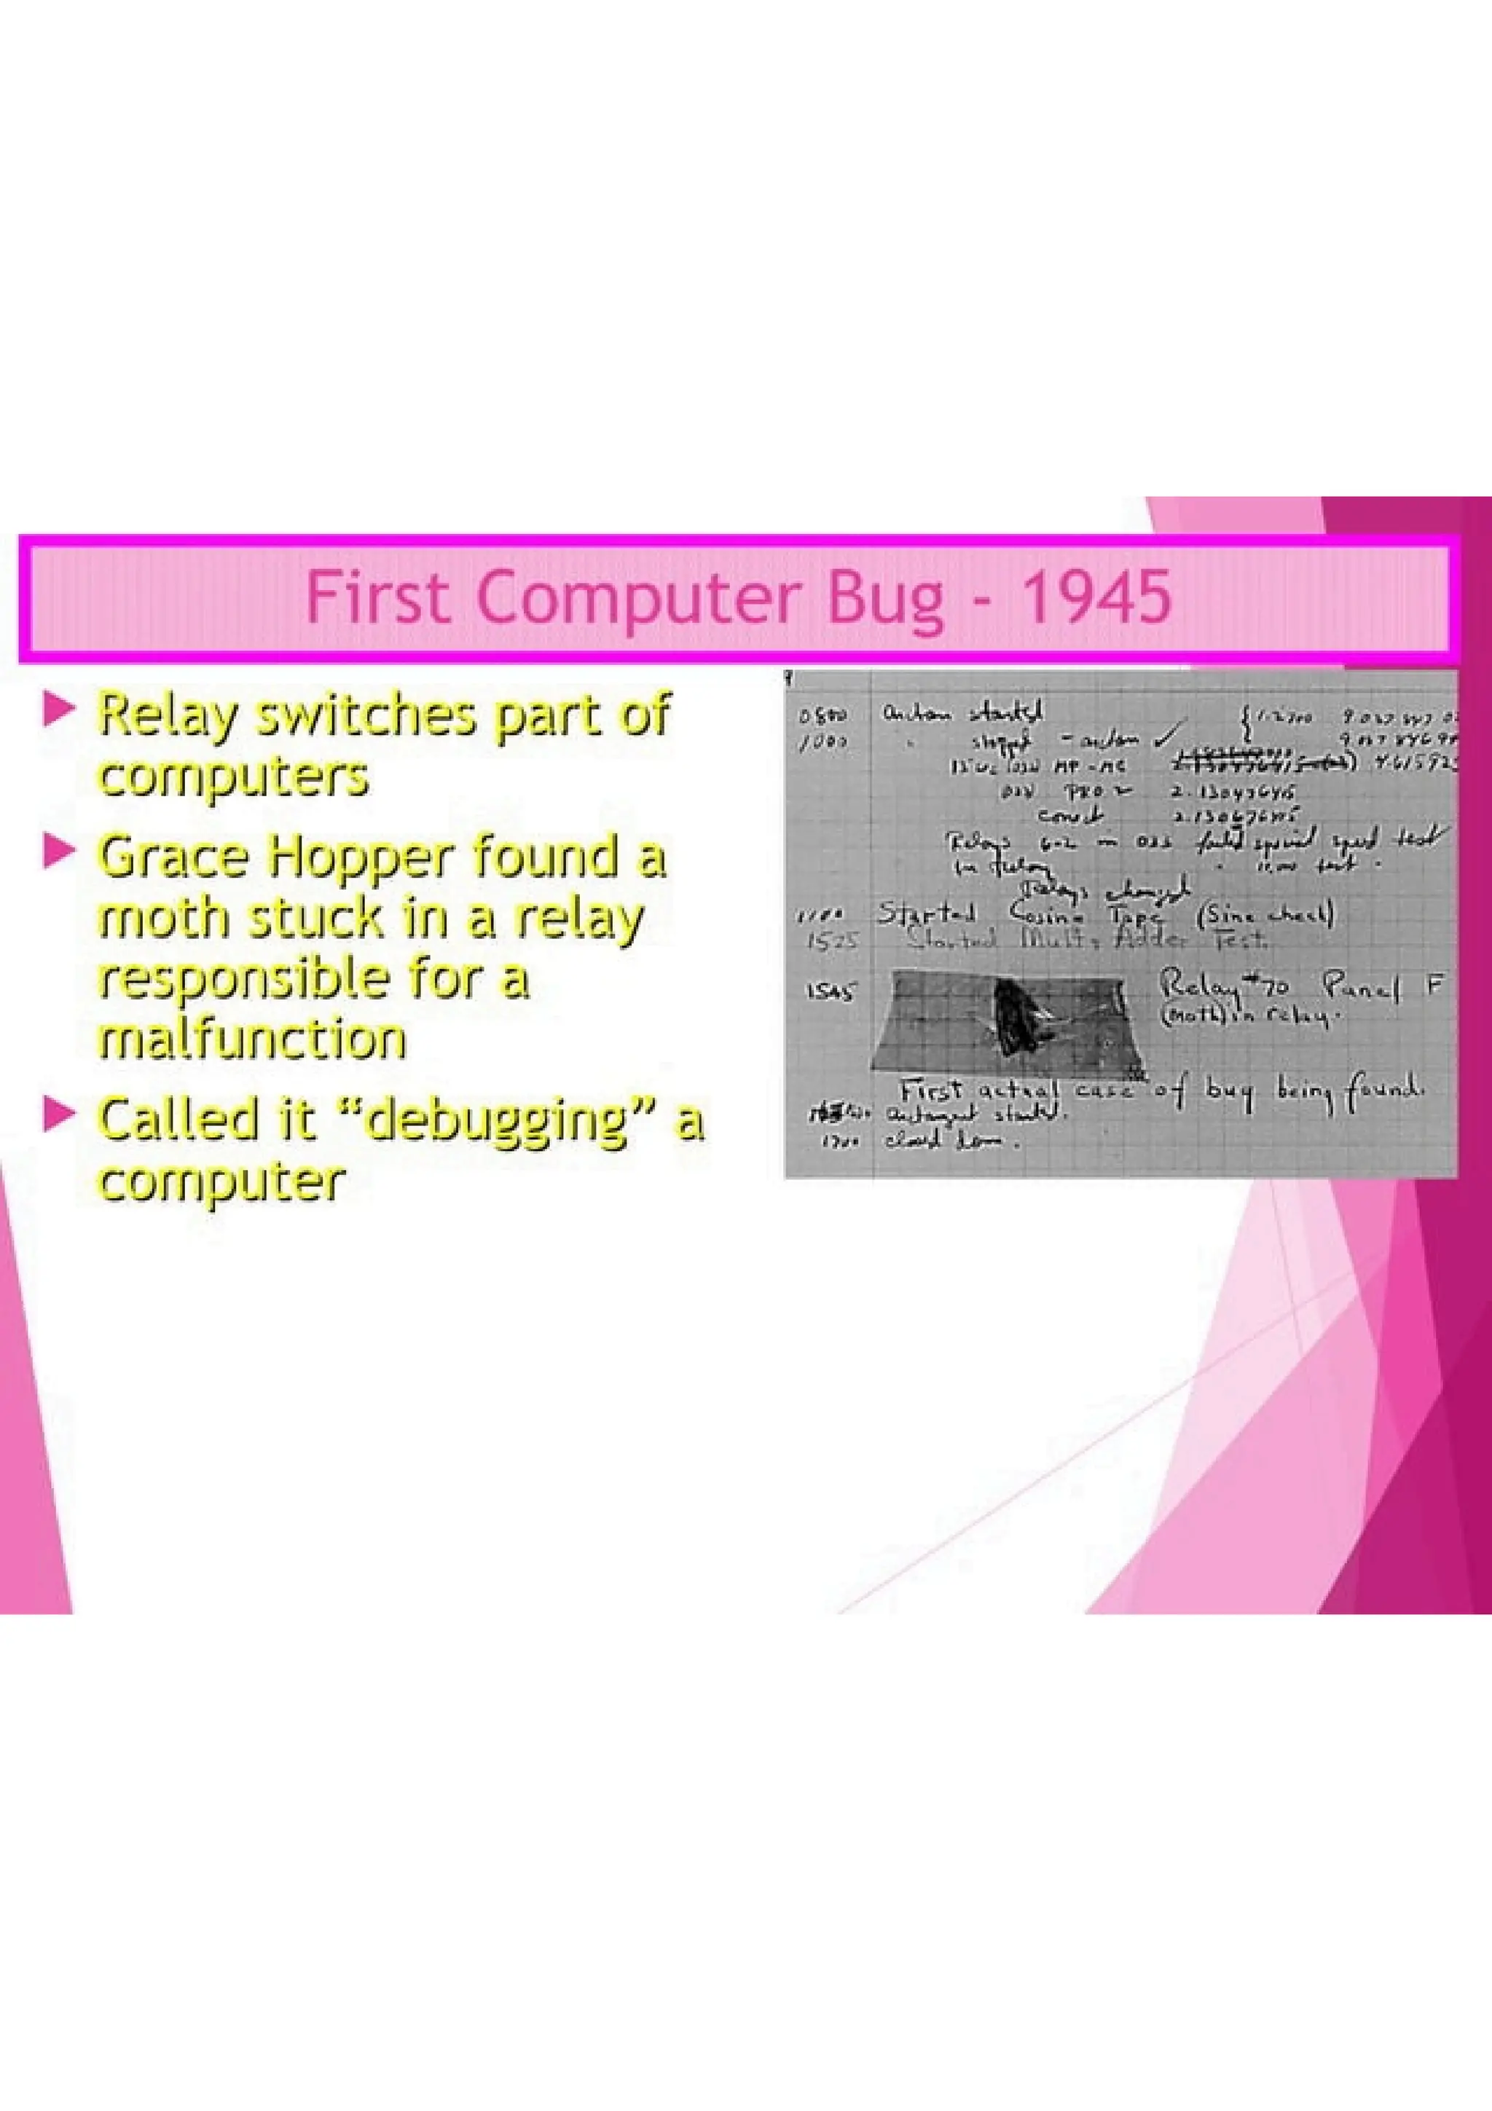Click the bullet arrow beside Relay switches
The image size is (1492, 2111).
coord(57,709)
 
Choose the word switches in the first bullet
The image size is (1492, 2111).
coord(366,715)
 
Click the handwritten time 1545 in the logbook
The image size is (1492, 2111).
coord(829,992)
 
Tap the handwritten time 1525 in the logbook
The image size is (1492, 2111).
coord(833,941)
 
